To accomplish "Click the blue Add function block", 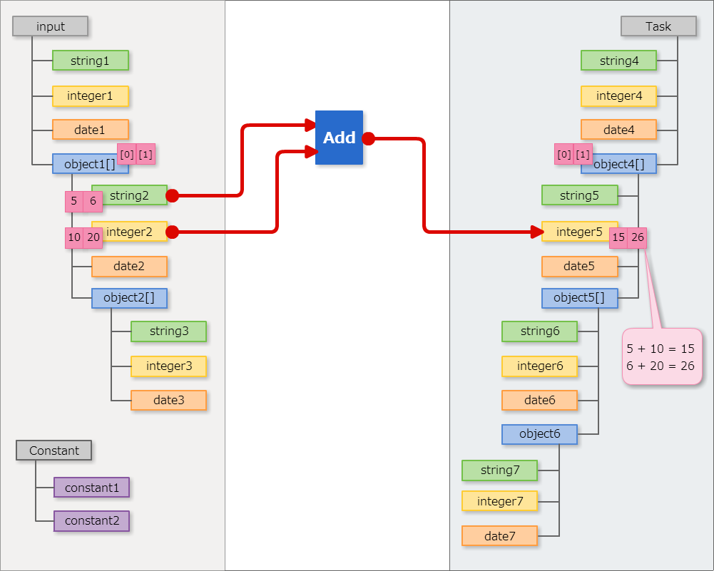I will (339, 138).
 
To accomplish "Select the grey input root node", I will (50, 26).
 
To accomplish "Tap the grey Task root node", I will (658, 26).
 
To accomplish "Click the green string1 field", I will (90, 61).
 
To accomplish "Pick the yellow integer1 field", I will (90, 96).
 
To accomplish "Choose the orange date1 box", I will (90, 130).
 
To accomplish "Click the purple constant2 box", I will (91, 521).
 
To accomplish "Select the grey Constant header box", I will (53, 451).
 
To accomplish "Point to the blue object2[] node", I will (129, 298).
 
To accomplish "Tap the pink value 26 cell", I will (637, 238).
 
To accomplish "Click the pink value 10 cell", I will (74, 238).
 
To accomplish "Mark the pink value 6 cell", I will (93, 202).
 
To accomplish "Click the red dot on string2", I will (172, 195).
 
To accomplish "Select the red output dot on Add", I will (369, 138).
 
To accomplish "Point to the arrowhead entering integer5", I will (538, 232).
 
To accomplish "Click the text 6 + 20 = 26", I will (661, 366).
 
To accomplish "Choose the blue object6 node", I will (539, 434).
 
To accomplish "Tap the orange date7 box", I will (499, 536).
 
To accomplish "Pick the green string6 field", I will (539, 331).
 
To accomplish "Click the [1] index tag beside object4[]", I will (583, 155).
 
